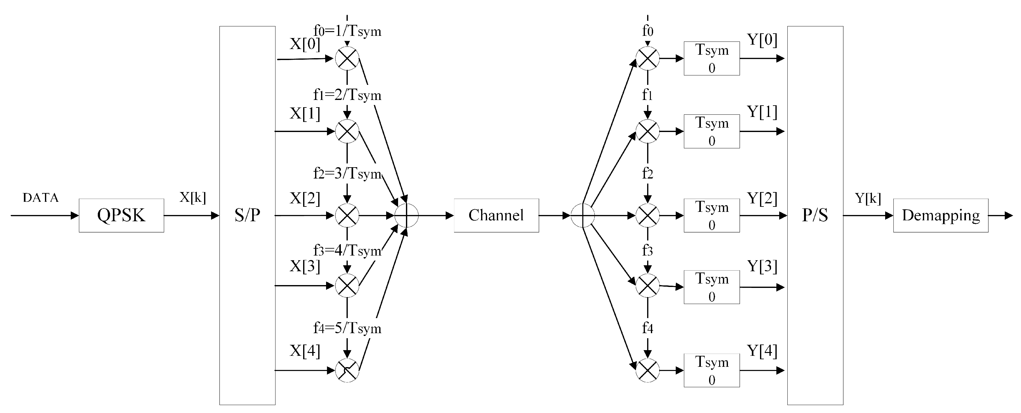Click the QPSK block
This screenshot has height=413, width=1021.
pos(121,215)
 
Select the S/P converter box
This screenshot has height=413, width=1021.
pos(247,215)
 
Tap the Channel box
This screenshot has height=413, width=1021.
pos(496,215)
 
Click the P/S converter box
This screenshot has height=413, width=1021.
pos(815,215)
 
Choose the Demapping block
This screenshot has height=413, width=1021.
pos(941,215)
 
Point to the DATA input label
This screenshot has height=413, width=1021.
pos(41,197)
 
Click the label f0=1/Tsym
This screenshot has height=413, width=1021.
pos(347,31)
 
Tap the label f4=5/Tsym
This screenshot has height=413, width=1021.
pos(347,328)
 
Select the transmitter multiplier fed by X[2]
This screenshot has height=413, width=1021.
pos(347,215)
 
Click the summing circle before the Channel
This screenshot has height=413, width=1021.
pos(406,215)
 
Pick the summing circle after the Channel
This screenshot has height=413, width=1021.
pos(583,215)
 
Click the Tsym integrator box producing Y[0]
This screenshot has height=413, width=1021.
pos(712,58)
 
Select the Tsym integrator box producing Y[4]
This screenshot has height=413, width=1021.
pos(712,370)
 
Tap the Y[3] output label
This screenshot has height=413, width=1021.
pos(762,266)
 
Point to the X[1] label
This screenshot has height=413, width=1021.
pos(304,113)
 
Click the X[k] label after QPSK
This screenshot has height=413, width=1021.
pos(193,197)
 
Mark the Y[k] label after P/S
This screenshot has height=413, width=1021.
pos(868,198)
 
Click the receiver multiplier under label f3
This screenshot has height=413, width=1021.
pos(647,285)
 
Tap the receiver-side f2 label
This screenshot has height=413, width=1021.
pos(647,173)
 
